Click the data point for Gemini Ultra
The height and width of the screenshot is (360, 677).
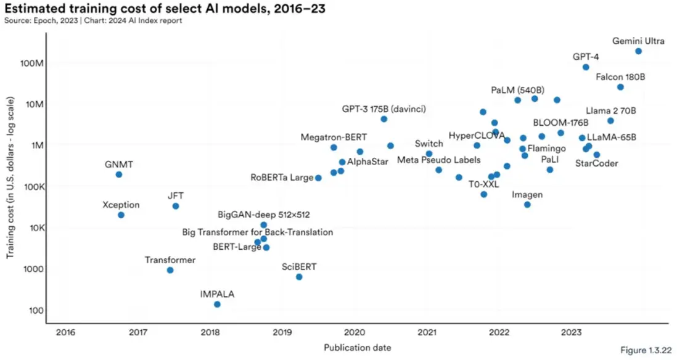(x=638, y=51)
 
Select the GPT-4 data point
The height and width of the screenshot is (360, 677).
(x=586, y=67)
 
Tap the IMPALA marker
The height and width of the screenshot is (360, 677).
(x=217, y=304)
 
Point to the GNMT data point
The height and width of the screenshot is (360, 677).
(x=119, y=174)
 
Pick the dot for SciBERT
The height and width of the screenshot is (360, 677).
(x=299, y=277)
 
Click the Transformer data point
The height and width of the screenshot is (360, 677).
(x=170, y=270)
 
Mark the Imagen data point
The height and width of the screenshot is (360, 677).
(x=527, y=204)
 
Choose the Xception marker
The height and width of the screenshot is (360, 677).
(x=121, y=215)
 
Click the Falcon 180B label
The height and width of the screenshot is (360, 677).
(x=620, y=78)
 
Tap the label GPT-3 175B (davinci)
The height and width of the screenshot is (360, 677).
(x=384, y=109)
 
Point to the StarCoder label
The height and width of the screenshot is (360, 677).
(x=596, y=163)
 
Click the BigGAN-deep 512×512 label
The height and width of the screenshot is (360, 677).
(x=264, y=215)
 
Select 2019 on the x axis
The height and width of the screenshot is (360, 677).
(x=282, y=333)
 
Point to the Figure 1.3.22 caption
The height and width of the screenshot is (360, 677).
(x=646, y=350)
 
